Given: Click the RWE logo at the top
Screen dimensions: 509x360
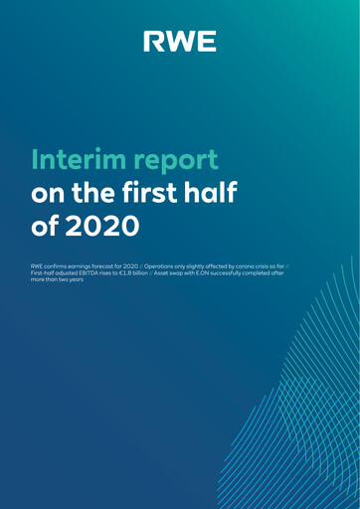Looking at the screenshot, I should point(180,41).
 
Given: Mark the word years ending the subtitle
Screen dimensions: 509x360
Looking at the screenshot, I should point(77,281).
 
